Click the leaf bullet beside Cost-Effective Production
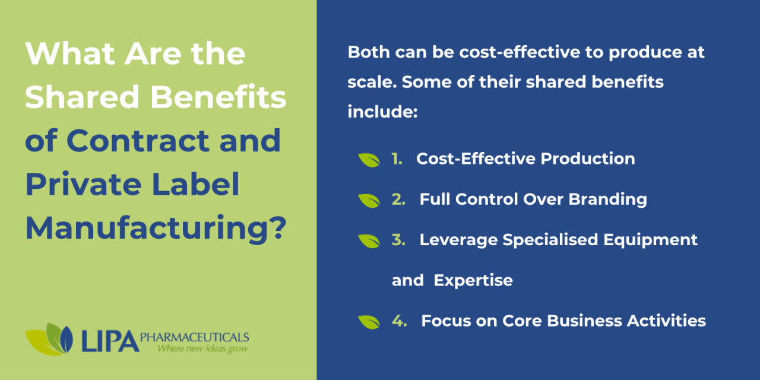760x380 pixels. (x=369, y=160)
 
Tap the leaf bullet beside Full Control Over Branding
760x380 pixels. (x=369, y=200)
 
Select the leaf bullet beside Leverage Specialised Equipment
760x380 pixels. (x=369, y=240)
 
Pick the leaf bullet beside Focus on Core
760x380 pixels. (x=369, y=321)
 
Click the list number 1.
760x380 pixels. (x=397, y=159)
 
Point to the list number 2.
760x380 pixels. (x=398, y=199)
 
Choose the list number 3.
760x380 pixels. (x=398, y=240)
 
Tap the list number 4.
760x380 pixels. (x=399, y=321)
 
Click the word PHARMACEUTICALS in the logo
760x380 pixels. (x=194, y=337)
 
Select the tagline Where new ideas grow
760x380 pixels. (x=202, y=349)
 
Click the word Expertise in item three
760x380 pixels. (x=473, y=280)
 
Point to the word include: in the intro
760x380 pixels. (x=383, y=111)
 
